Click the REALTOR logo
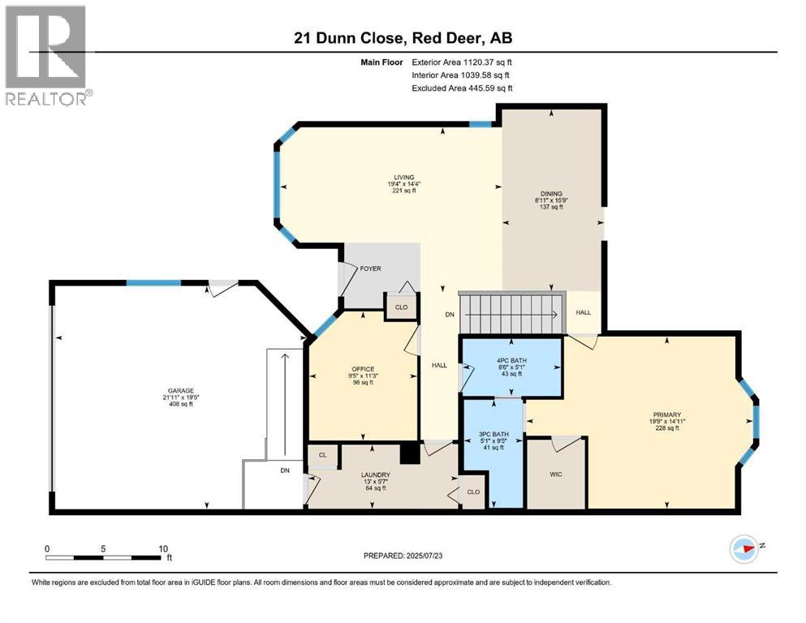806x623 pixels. pos(49,55)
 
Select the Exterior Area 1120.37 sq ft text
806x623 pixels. pos(462,62)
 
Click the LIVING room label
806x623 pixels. pos(404,177)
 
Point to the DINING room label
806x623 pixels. pos(551,194)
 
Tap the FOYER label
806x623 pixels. pos(370,269)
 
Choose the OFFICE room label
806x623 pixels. pos(363,369)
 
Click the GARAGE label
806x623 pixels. pos(181,391)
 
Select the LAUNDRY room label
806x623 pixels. pos(375,475)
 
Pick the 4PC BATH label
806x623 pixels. pos(511,360)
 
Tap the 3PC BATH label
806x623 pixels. pos(494,434)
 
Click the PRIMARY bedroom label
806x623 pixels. pos(666,415)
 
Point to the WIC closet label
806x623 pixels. pos(556,474)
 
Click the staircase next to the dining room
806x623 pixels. pos(512,313)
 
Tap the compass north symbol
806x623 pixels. pos(744,549)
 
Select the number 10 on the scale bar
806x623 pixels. pos(163,549)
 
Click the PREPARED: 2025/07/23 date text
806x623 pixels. pos(403,556)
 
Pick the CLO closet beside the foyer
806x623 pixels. pos(402,307)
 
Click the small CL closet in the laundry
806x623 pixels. pos(323,455)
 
